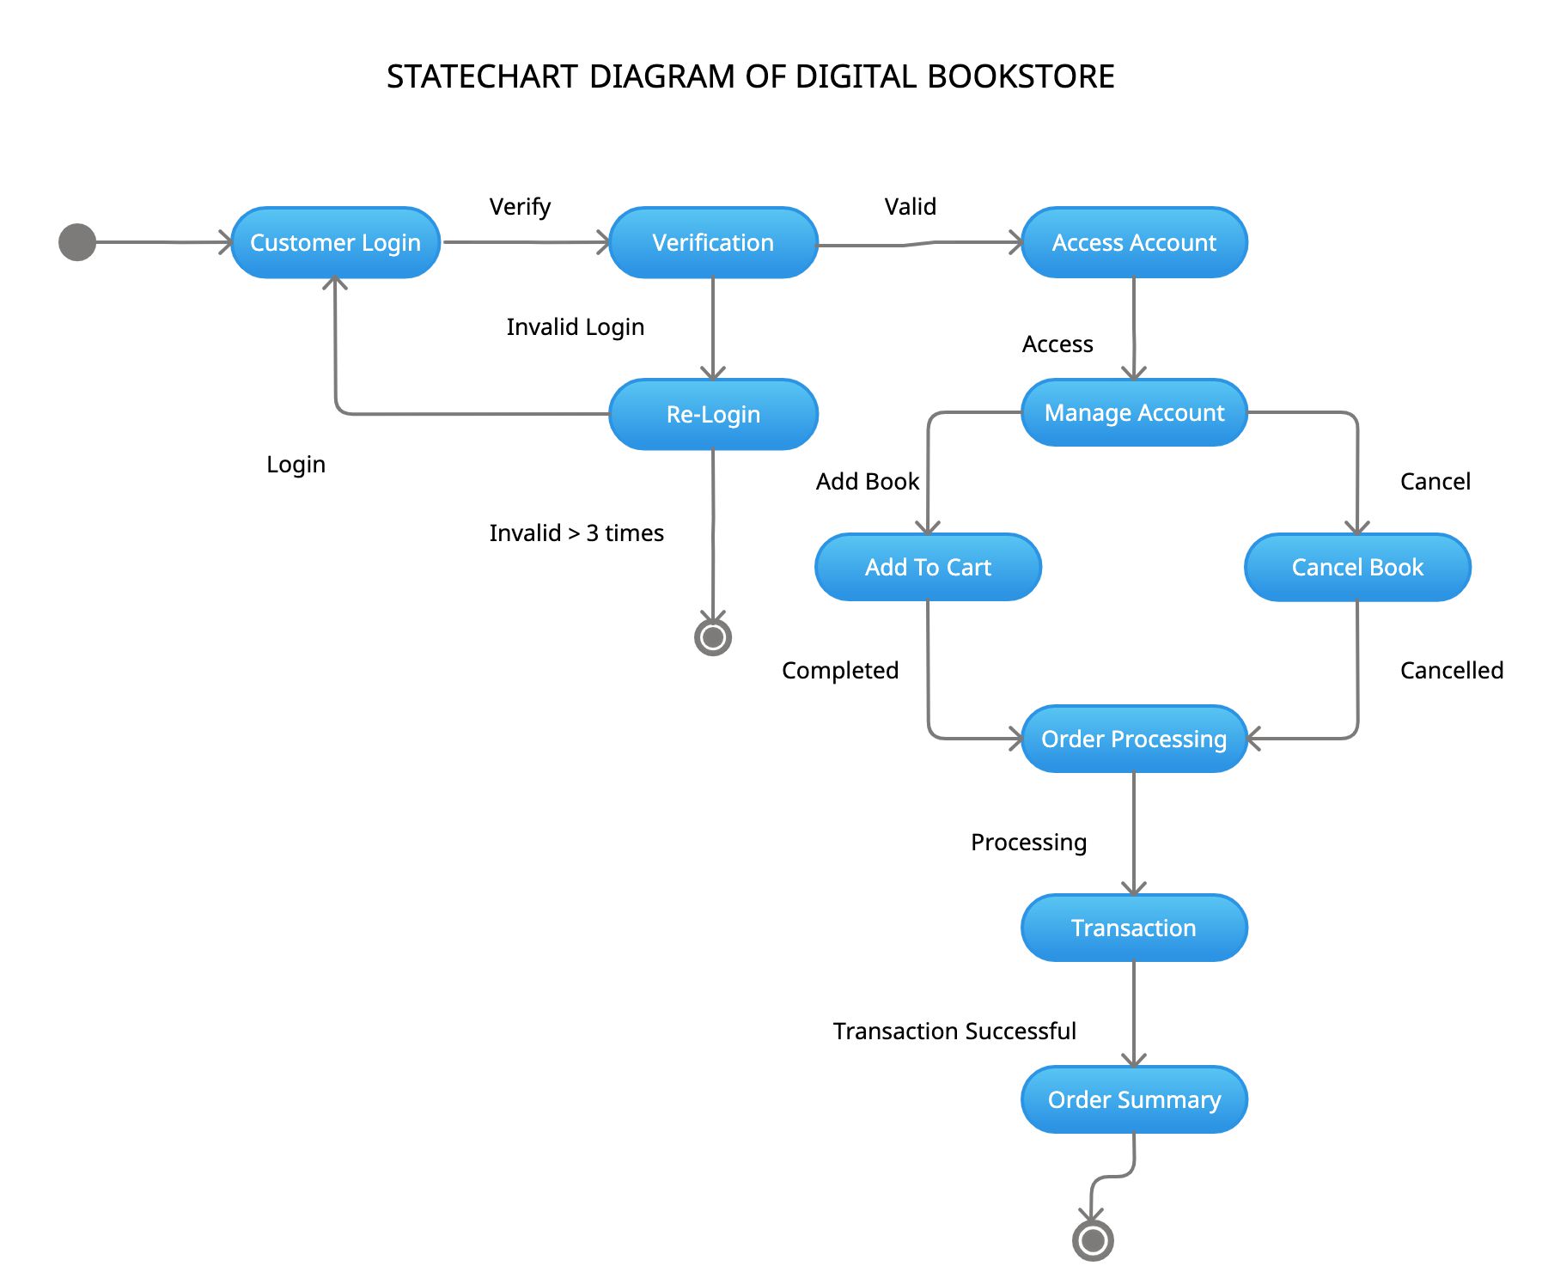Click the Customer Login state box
[x=335, y=242]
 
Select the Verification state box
[x=713, y=242]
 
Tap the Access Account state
[x=1134, y=242]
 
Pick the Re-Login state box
[x=713, y=414]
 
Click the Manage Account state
[x=1134, y=412]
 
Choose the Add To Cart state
[x=928, y=567]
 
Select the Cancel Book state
[x=1357, y=567]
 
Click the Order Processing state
[x=1134, y=739]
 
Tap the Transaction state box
[x=1134, y=928]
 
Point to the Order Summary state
[x=1134, y=1099]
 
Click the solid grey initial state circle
[x=77, y=242]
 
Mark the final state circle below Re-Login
[x=713, y=637]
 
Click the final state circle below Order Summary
[x=1093, y=1240]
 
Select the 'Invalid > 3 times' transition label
[x=576, y=533]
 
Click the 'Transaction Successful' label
[x=954, y=1031]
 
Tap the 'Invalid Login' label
[x=575, y=327]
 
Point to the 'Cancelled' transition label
[x=1451, y=671]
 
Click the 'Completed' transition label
[x=839, y=671]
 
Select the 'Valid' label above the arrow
[x=910, y=207]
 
